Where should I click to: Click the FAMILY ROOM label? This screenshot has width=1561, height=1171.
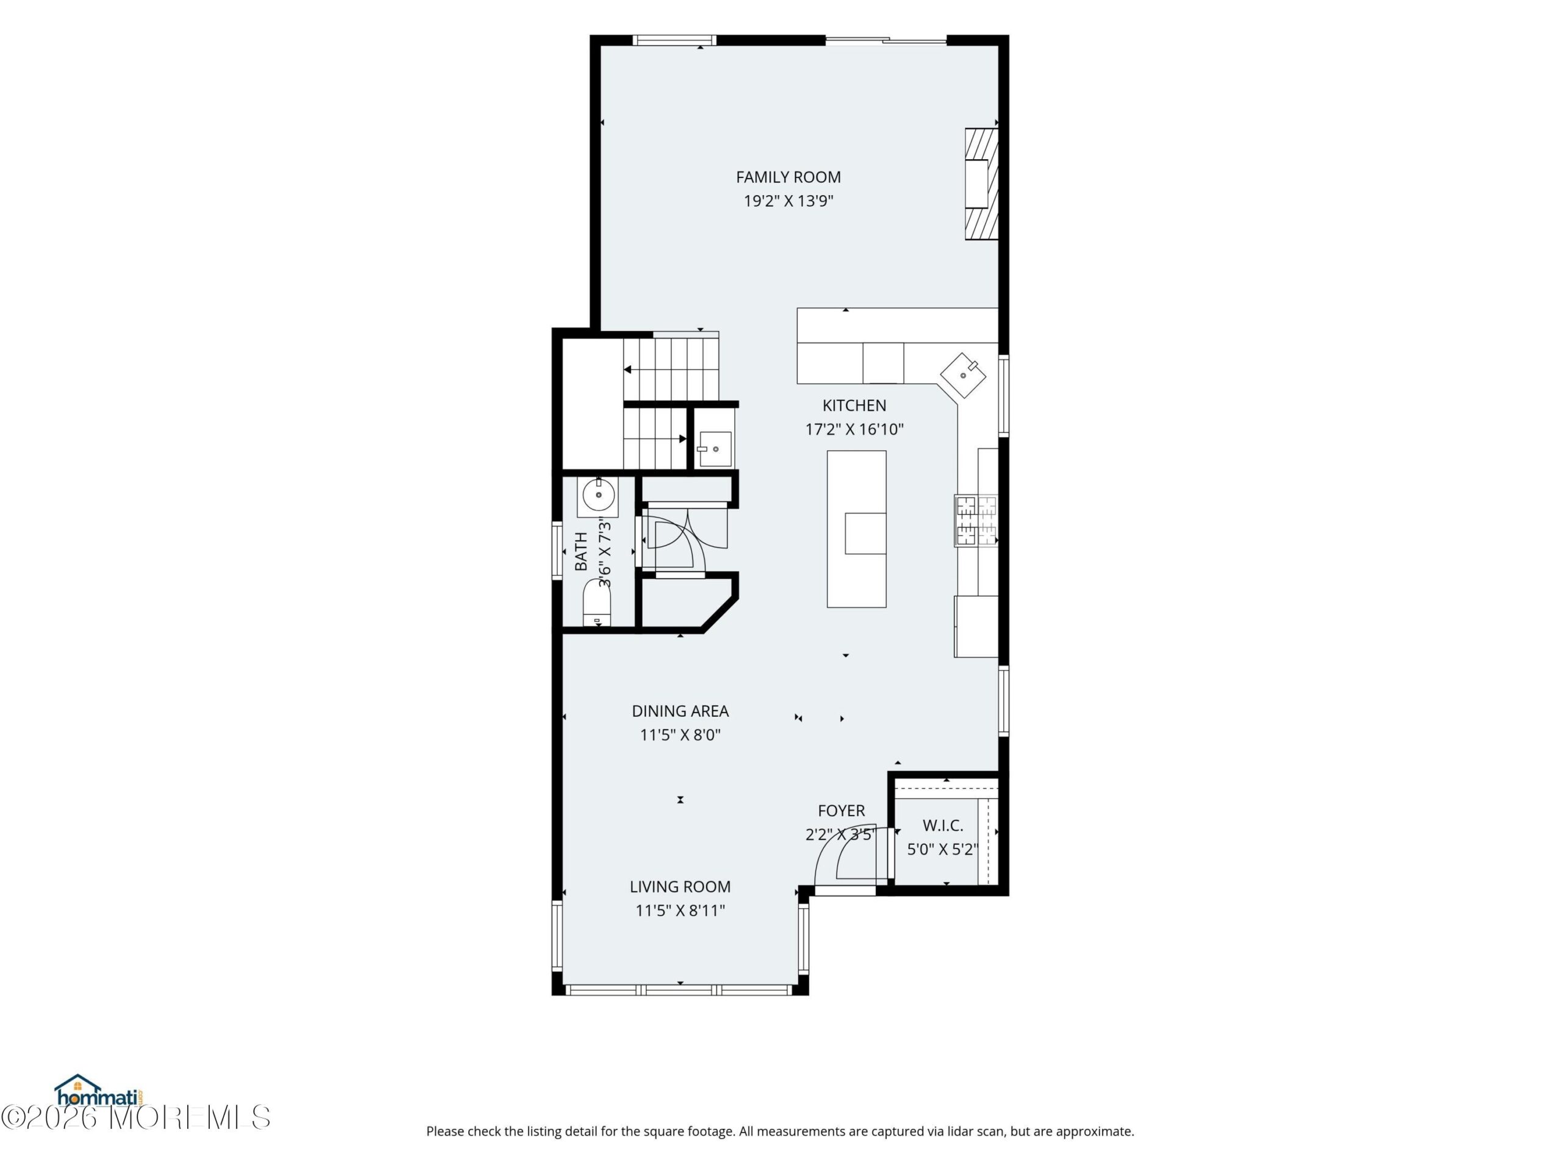coord(788,177)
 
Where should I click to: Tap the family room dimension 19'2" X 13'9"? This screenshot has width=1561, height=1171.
coord(788,201)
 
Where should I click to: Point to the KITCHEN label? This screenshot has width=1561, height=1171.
coord(854,406)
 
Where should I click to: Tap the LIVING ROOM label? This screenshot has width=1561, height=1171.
coord(680,887)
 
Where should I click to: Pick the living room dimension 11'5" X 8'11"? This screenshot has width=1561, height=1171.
coord(680,911)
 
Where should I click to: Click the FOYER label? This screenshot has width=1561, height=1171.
coord(841,811)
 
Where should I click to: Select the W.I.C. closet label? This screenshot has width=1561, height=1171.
coord(943,826)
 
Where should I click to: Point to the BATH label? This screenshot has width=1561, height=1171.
coord(580,551)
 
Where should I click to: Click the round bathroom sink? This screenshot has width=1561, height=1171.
coord(598,495)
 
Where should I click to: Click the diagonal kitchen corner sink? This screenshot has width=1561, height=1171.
coord(963,375)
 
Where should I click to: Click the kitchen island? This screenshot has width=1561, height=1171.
coord(857,529)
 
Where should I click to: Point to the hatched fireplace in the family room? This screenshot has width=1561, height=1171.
coord(982,184)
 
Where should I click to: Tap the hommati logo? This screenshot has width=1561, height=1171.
coord(99,1090)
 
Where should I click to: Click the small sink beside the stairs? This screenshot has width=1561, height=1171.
coord(714,447)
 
